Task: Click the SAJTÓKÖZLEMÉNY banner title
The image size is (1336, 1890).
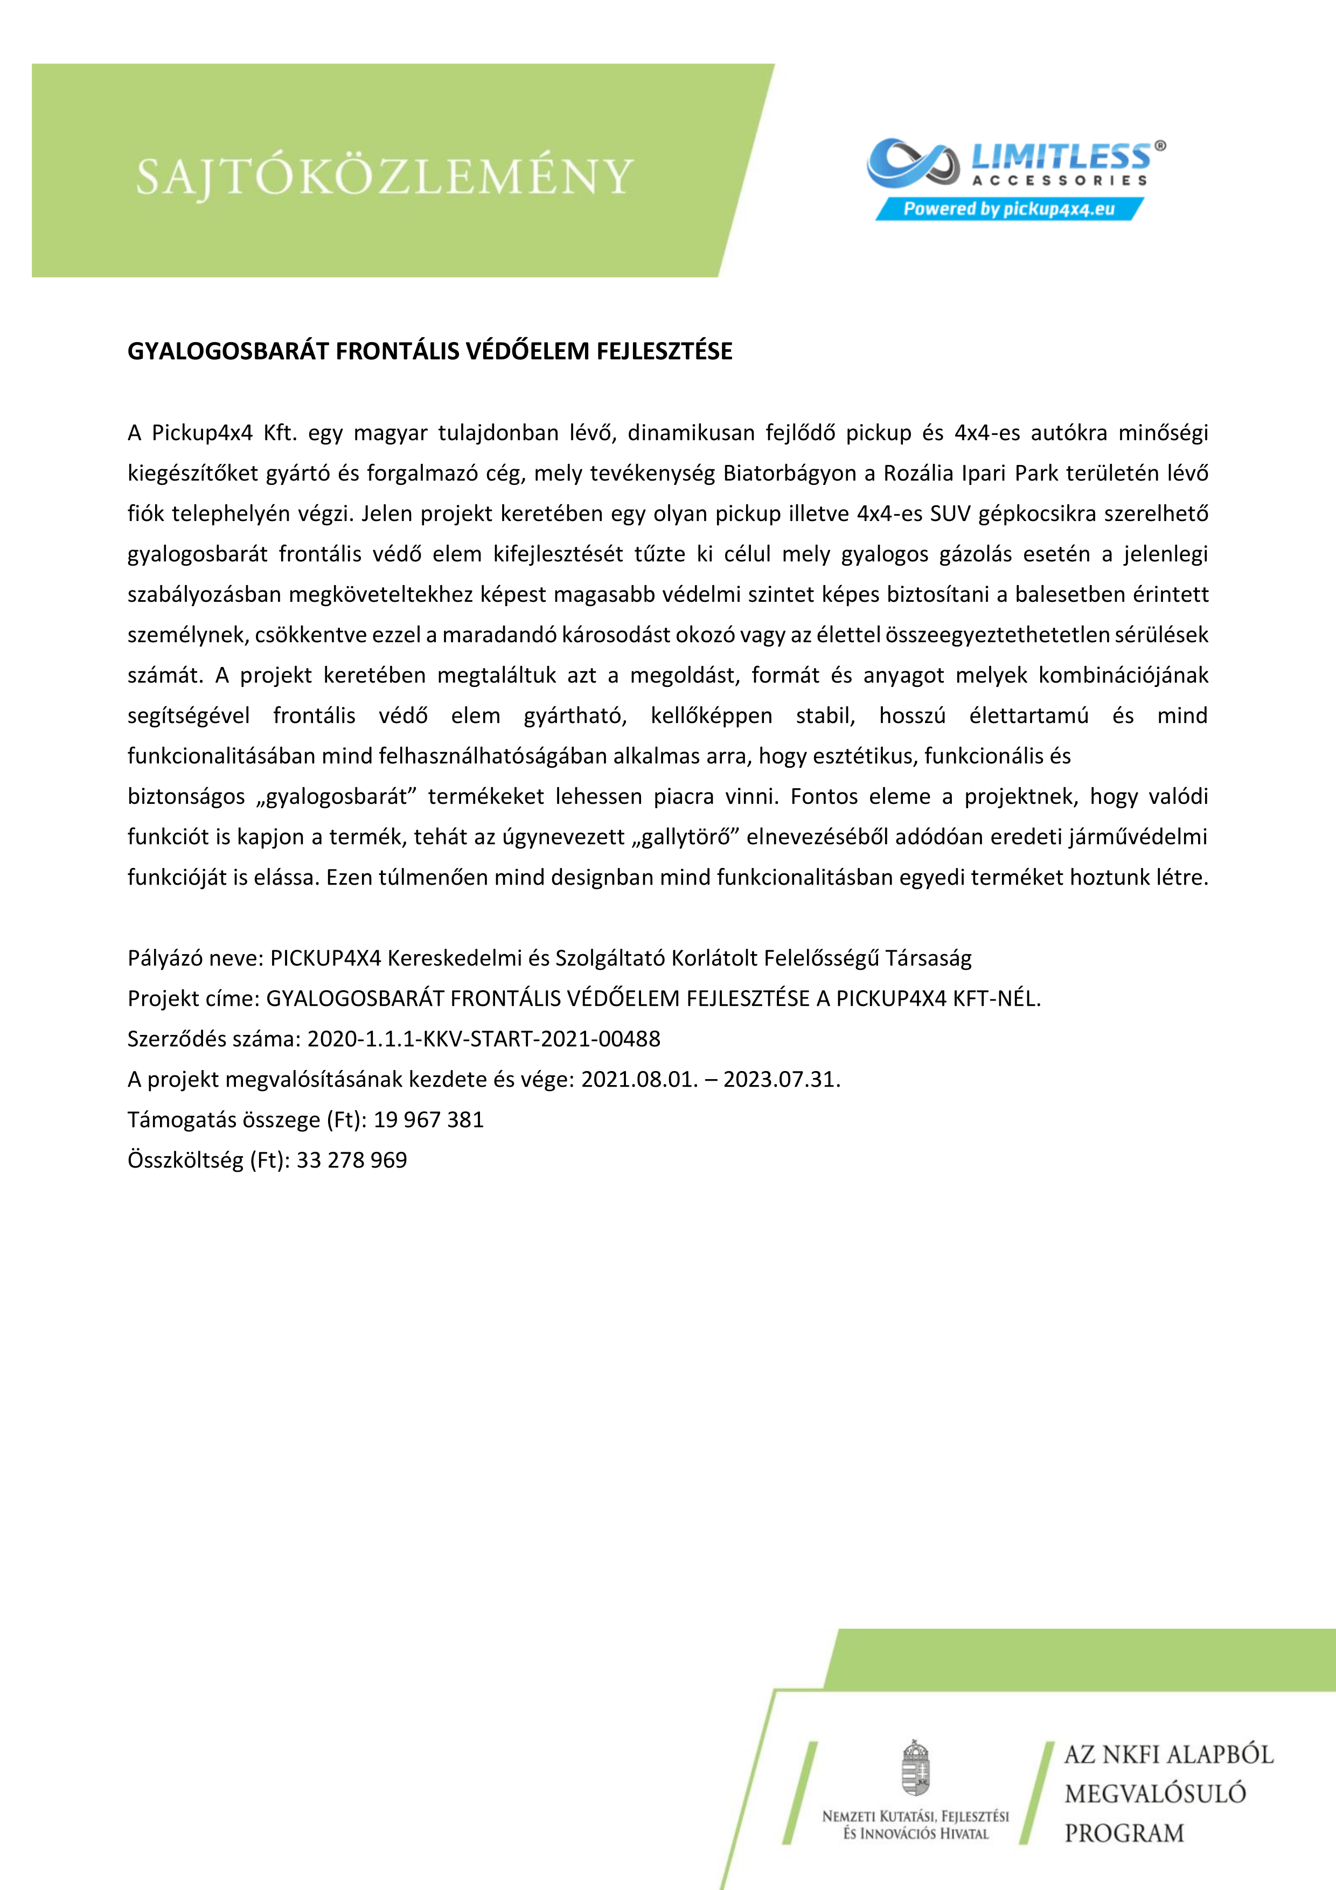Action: (385, 176)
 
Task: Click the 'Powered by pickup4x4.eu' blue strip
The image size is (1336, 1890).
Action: (1008, 209)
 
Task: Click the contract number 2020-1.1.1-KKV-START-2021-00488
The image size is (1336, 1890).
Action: (484, 1039)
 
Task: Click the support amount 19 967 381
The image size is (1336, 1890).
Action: (429, 1120)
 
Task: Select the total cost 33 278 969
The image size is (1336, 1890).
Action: (352, 1160)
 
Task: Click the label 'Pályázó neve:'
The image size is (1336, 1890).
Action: (195, 958)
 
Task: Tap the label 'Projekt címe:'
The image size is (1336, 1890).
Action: (193, 998)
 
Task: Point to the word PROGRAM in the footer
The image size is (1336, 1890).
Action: (1124, 1834)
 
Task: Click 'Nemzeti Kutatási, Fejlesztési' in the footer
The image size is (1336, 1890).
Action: (915, 1816)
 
